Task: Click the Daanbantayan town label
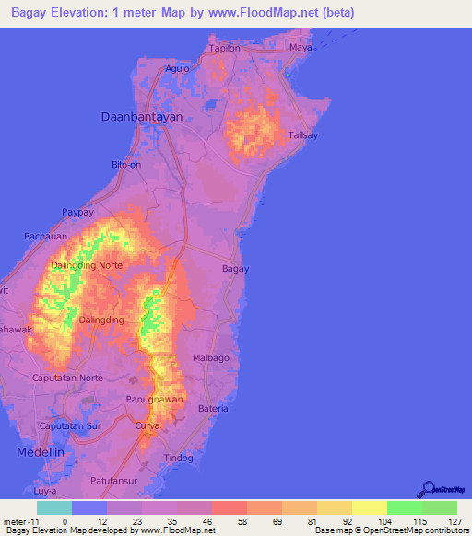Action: click(x=142, y=117)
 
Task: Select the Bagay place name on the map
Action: click(x=236, y=269)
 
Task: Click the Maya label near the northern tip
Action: click(x=301, y=47)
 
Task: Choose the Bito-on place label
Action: click(x=126, y=164)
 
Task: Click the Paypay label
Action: click(x=78, y=212)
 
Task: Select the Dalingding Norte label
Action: click(x=86, y=265)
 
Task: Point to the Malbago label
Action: click(x=210, y=356)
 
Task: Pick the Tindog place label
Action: click(x=179, y=458)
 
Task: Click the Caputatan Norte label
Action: click(x=67, y=379)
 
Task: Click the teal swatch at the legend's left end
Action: click(x=53, y=507)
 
